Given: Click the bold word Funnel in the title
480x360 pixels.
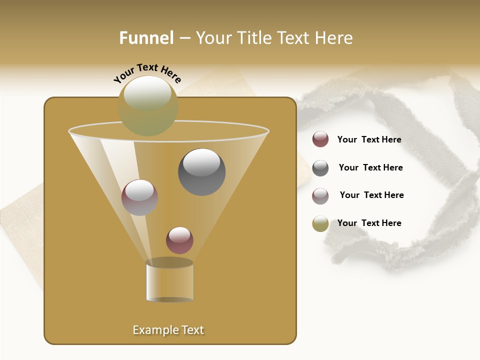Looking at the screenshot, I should point(146,38).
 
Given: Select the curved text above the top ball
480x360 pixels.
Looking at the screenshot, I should point(147,73).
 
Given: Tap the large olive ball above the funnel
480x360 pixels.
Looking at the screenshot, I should point(148,105).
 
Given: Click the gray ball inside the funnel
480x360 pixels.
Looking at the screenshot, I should point(202,172).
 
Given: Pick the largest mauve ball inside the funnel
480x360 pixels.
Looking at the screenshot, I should point(139,197).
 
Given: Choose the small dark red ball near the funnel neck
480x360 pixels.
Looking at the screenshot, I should point(179,240).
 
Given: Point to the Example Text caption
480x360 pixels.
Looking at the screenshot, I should point(168,330).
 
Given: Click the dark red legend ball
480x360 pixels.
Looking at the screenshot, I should point(320,139).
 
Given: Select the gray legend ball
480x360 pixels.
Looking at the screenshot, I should point(320,167).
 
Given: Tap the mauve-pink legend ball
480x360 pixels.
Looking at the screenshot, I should point(320,195).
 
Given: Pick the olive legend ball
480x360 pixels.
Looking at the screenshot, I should point(320,223).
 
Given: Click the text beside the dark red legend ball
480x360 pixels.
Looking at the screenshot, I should point(369,140).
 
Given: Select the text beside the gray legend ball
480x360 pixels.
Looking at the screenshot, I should point(370,168).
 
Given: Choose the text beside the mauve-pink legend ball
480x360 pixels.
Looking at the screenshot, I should point(371,195).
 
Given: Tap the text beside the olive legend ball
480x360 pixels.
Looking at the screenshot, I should point(369,223).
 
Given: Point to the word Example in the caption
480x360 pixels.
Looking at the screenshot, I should point(154,330).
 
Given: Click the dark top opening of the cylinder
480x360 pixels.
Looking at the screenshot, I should point(169,262).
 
